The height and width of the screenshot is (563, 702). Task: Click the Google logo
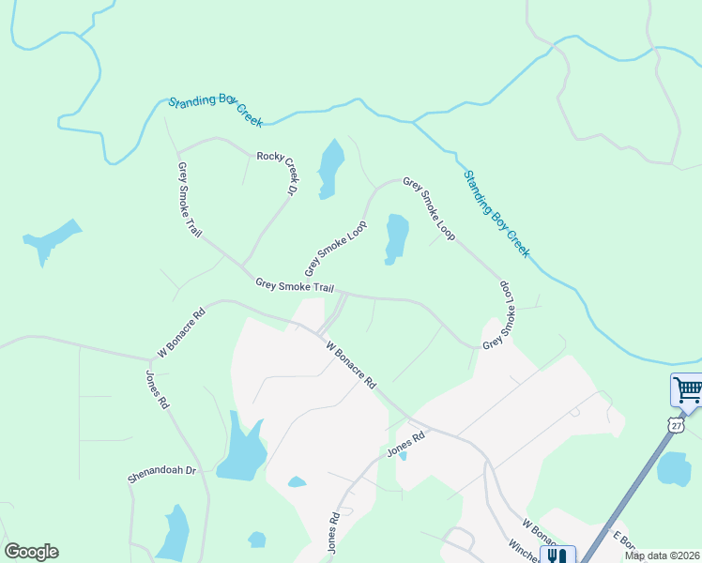pyautogui.click(x=31, y=552)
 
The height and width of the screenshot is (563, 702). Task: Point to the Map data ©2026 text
pyautogui.click(x=663, y=555)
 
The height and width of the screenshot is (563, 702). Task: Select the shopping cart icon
pyautogui.click(x=687, y=388)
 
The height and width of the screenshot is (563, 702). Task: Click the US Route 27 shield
pyautogui.click(x=676, y=425)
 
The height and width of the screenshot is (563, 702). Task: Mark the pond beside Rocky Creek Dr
pyautogui.click(x=329, y=168)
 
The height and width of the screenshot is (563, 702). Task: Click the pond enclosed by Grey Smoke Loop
pyautogui.click(x=396, y=238)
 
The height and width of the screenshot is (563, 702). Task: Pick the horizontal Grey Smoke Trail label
pyautogui.click(x=294, y=285)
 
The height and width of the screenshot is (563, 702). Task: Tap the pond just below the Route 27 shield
pyautogui.click(x=674, y=468)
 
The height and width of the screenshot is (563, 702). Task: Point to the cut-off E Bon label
pyautogui.click(x=624, y=541)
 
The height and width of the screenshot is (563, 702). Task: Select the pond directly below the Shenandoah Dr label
pyautogui.click(x=175, y=532)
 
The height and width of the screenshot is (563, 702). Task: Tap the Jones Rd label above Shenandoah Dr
pyautogui.click(x=158, y=388)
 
